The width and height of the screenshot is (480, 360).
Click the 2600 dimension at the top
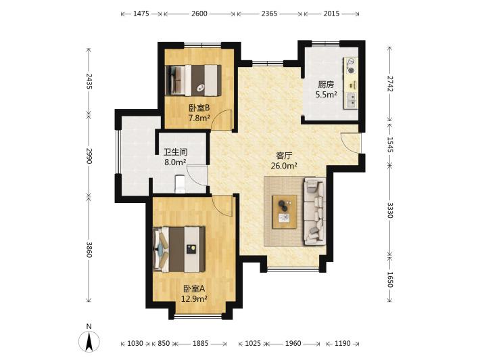[199, 14]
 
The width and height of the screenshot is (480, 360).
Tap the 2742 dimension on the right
[390, 84]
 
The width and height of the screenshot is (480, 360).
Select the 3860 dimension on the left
[89, 250]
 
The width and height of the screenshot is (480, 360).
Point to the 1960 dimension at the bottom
[293, 344]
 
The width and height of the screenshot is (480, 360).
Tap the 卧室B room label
[199, 108]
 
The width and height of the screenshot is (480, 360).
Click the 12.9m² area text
[194, 298]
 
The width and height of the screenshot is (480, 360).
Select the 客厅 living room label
[284, 156]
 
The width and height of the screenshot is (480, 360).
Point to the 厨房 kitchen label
[326, 85]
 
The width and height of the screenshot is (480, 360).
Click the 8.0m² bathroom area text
[175, 162]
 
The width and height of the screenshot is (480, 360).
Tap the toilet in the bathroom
[180, 184]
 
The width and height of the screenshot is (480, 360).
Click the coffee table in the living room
[285, 212]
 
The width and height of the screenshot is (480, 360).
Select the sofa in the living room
[314, 211]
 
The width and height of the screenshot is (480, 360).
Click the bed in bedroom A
[179, 249]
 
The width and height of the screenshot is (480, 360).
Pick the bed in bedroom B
[193, 81]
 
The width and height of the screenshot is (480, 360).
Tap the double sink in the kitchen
[352, 101]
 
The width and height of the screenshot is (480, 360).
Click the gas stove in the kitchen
[351, 66]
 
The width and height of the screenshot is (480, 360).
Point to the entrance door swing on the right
[350, 142]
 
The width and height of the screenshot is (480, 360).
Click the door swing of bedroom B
[222, 120]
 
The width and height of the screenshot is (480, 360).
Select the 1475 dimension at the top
[141, 14]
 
